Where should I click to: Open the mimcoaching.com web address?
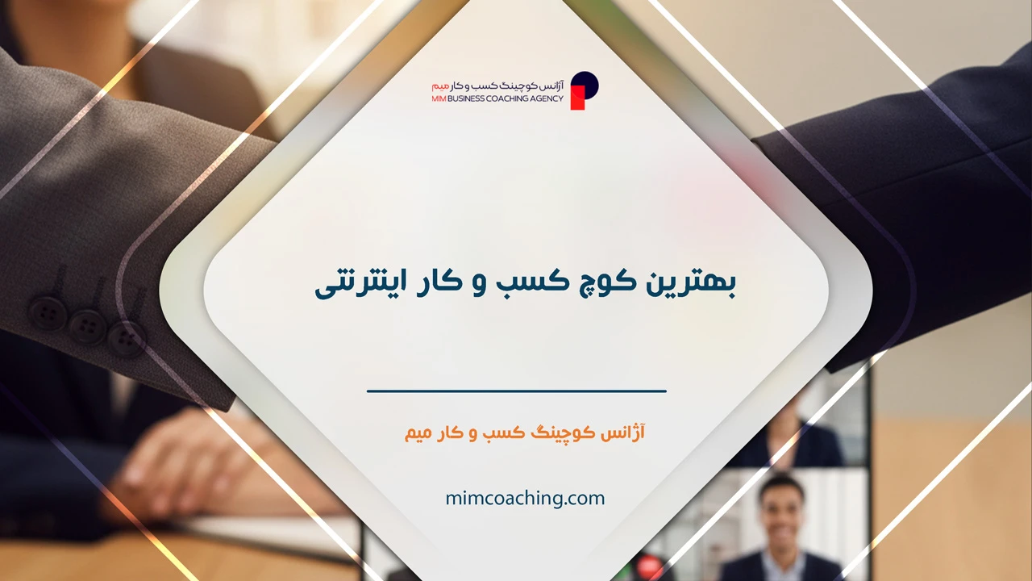(x=525, y=499)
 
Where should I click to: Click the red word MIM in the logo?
(x=440, y=98)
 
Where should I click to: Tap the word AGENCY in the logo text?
(x=549, y=98)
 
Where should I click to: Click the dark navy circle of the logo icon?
(x=586, y=83)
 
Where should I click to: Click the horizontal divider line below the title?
(x=517, y=391)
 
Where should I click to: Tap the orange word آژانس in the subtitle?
(x=625, y=433)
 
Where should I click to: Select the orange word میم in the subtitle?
(x=420, y=433)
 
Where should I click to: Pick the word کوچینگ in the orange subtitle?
(x=566, y=433)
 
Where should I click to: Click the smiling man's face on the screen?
(x=780, y=509)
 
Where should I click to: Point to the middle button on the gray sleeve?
(x=87, y=325)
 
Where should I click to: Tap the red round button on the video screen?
(x=648, y=566)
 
